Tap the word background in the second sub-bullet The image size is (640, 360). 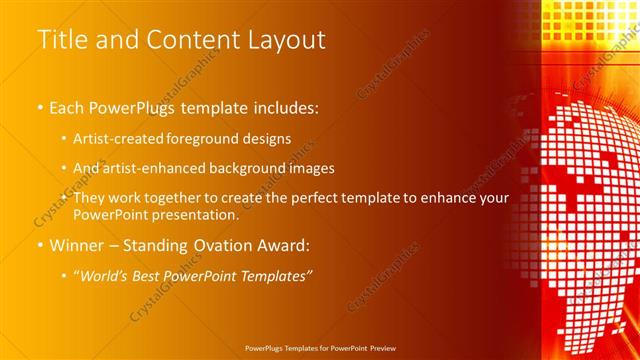[261, 168]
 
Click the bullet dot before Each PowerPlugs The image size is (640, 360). [40, 107]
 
